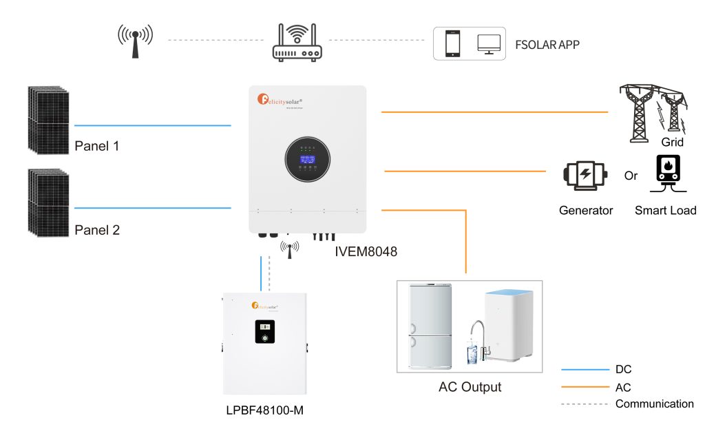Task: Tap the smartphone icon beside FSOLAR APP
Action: click(x=452, y=43)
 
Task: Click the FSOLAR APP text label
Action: click(x=547, y=45)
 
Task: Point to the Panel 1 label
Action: click(x=97, y=147)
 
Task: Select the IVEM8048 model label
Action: click(x=366, y=253)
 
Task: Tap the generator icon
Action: click(x=585, y=176)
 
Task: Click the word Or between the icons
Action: click(x=631, y=176)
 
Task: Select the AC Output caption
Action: click(x=470, y=387)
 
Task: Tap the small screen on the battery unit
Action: click(x=264, y=332)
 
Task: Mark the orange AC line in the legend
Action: click(x=585, y=387)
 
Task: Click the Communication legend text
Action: click(x=654, y=404)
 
